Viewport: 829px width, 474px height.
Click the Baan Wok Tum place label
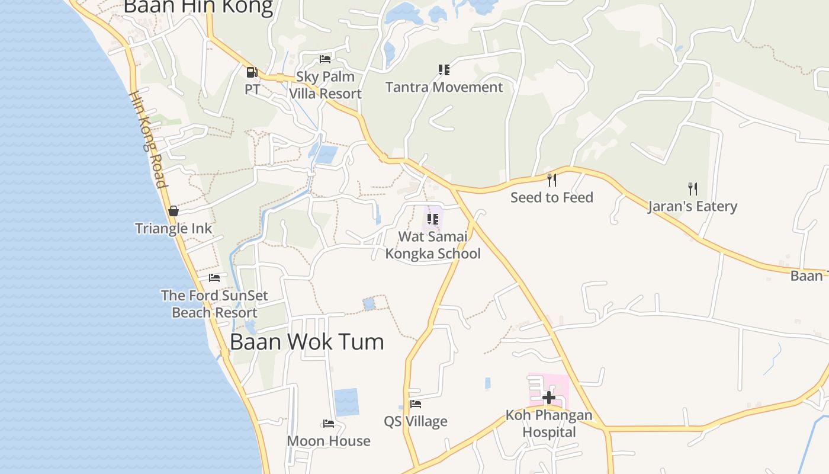coord(307,342)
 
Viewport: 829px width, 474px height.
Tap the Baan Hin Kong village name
coord(198,7)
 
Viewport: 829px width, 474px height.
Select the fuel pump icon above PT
coord(252,72)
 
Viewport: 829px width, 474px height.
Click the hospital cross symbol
coord(549,397)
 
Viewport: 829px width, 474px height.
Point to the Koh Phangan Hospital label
coord(549,423)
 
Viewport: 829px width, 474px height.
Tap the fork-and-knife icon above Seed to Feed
coord(552,180)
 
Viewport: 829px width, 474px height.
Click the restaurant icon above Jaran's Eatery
coord(692,189)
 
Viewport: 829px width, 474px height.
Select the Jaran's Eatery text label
coord(692,207)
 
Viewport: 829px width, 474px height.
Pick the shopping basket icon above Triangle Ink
coord(173,211)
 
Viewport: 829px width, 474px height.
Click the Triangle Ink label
coord(173,229)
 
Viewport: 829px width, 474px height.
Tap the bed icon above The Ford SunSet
coord(214,277)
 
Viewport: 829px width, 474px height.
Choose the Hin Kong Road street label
coord(148,140)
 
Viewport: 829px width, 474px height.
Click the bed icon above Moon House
coord(329,423)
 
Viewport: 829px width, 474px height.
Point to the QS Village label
coord(416,422)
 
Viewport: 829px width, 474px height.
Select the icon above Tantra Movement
coord(444,70)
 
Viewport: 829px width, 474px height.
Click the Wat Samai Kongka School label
coord(433,245)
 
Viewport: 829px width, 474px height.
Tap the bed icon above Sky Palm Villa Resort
coord(325,59)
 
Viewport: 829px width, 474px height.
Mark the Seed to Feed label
coord(552,197)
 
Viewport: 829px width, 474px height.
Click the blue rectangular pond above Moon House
coord(346,402)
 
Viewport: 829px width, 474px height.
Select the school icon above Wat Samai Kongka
coord(433,219)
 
